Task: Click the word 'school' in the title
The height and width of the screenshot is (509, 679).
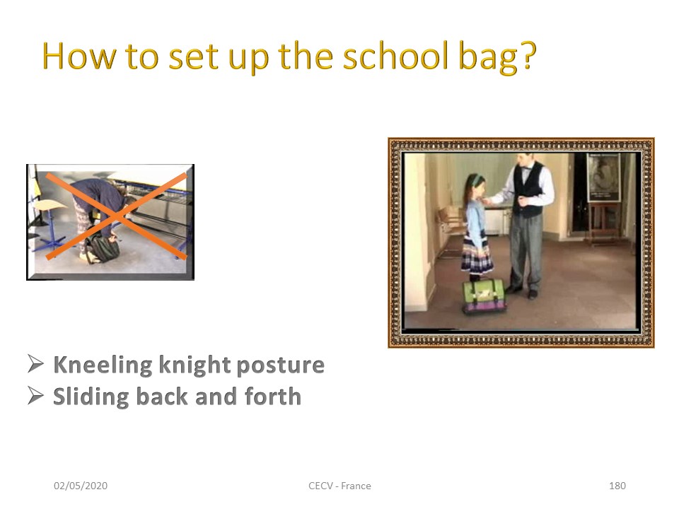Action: click(x=395, y=57)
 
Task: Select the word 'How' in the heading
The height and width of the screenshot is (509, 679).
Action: click(x=79, y=57)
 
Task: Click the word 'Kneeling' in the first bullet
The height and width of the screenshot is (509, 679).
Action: click(x=103, y=365)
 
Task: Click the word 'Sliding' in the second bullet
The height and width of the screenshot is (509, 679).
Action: click(x=91, y=397)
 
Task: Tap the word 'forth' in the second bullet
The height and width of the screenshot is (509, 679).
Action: click(x=273, y=396)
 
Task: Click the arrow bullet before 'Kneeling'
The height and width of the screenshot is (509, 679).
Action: click(x=35, y=363)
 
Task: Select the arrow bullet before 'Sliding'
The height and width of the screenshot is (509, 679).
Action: click(x=35, y=395)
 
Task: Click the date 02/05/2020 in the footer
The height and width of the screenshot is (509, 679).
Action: click(x=81, y=486)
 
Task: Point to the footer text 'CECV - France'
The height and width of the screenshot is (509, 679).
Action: click(x=339, y=486)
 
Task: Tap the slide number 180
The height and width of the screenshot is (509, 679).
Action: click(x=617, y=486)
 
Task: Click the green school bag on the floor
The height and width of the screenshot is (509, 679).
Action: click(x=484, y=296)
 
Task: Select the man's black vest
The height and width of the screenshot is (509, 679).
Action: click(x=527, y=189)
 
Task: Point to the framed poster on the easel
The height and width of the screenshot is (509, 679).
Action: click(x=603, y=177)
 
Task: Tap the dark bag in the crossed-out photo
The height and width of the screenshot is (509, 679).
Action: click(x=103, y=250)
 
